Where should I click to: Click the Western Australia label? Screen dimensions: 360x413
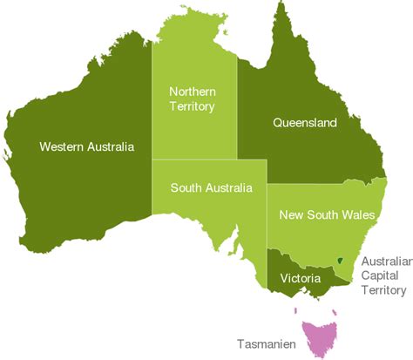point(87,146)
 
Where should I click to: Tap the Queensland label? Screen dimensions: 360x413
point(305,124)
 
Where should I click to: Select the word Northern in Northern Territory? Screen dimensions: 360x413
point(192,92)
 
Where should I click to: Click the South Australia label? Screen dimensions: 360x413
point(212,187)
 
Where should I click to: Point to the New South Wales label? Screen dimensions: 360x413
point(327,214)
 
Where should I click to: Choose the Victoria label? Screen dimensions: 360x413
point(303,278)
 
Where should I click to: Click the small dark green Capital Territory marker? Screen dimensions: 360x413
point(339,261)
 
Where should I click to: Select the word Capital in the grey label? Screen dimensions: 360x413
point(380,276)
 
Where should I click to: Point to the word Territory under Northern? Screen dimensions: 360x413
point(192,106)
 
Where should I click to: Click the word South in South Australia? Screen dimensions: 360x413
point(186,187)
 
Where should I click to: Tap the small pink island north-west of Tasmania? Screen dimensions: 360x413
point(297,311)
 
